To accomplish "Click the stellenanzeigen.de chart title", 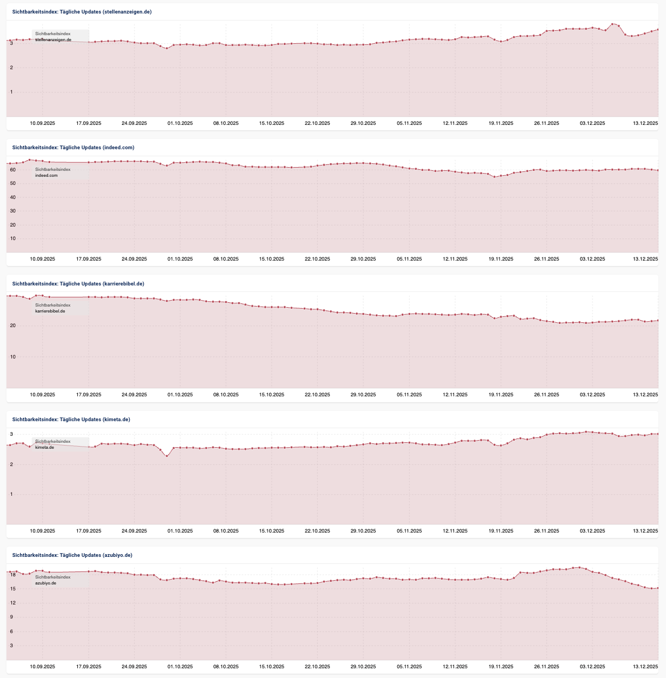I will pos(82,11).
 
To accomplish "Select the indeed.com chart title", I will pos(73,147).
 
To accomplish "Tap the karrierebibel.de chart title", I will pos(78,283).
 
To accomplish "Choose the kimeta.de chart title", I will pos(71,420).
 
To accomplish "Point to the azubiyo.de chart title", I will pos(72,555).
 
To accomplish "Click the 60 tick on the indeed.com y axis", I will pos(12,170).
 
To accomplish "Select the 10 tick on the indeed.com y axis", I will pos(12,238).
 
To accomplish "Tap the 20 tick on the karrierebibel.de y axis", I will pos(12,325).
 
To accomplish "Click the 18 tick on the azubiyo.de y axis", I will pos(12,575).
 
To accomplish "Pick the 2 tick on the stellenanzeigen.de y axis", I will pos(11,68).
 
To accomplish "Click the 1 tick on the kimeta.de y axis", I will pos(11,494).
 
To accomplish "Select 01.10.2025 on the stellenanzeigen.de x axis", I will pos(180,123).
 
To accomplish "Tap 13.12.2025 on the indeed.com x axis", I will pos(645,259).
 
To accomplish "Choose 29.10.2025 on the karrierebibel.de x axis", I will pos(363,395).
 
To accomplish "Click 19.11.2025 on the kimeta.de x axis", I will pos(501,531).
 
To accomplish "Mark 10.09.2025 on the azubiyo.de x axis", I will pos(42,667).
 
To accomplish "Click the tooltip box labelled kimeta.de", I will pos(60,444).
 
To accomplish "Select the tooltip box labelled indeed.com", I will pos(60,172).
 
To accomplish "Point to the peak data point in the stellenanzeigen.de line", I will pos(612,24).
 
